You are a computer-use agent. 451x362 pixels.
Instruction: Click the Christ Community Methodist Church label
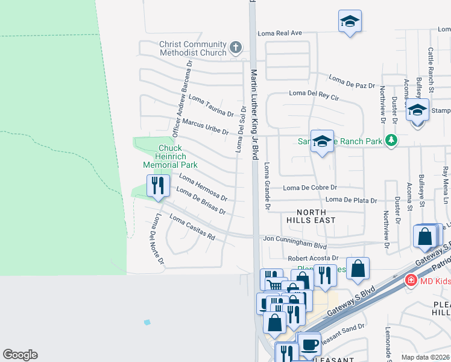click(192, 48)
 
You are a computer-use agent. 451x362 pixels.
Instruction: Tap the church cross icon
click(236, 46)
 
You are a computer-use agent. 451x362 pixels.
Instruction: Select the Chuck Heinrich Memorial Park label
click(169, 156)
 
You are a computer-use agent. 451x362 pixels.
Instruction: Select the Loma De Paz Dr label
click(352, 81)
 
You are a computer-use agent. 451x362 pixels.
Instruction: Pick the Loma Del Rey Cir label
click(314, 94)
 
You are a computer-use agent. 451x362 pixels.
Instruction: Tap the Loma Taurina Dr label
click(211, 105)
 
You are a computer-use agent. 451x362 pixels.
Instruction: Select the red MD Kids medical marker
click(411, 280)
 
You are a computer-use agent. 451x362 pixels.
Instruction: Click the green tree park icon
click(393, 141)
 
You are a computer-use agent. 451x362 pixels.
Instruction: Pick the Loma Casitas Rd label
click(192, 227)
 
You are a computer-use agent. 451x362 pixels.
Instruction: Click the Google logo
click(20, 355)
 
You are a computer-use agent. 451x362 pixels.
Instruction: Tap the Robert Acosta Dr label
click(314, 258)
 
